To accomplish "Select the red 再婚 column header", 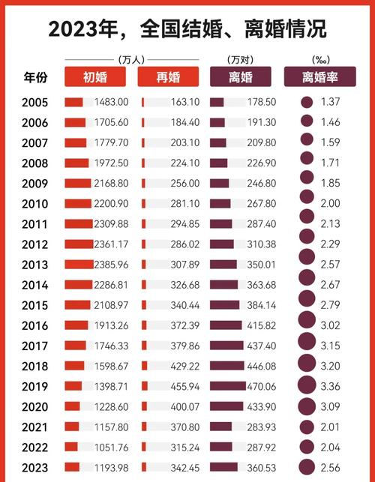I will pos(168,76).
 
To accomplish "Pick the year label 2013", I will pos(36,265).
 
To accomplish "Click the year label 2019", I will pos(36,386).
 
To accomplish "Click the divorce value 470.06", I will pos(257,386).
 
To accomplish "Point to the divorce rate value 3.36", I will pos(329,386).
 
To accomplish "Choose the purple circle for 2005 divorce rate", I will pos(306,103).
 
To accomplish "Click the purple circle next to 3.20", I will pos(307,366).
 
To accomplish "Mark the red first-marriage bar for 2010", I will pos(78,204).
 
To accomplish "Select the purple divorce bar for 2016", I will pos(226,325).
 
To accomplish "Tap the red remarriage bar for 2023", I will pos(142,467).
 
